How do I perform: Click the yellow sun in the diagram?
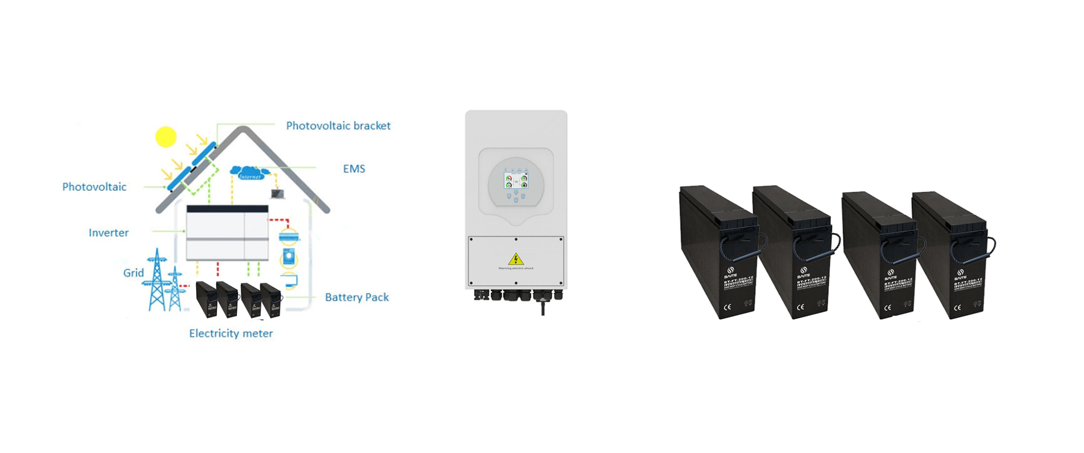coord(166,137)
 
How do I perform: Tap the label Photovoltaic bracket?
coord(338,126)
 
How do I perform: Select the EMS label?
coord(354,169)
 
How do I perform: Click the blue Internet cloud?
coord(249,173)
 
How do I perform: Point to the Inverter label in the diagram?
coord(108,232)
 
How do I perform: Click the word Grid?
coord(134,272)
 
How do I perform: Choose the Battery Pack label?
coord(357,297)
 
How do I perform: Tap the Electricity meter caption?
coord(230,333)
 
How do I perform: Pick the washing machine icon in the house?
coord(289,258)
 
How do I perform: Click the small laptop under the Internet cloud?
coord(278,194)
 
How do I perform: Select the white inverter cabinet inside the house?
coord(227,232)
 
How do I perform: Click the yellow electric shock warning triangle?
coord(516,259)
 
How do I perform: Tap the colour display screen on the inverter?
coord(516,181)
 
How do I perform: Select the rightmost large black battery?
coord(950,254)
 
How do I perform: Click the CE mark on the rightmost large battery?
coord(957,308)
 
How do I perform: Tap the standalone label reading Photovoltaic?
coord(94,187)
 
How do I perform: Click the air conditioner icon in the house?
coord(289,236)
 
